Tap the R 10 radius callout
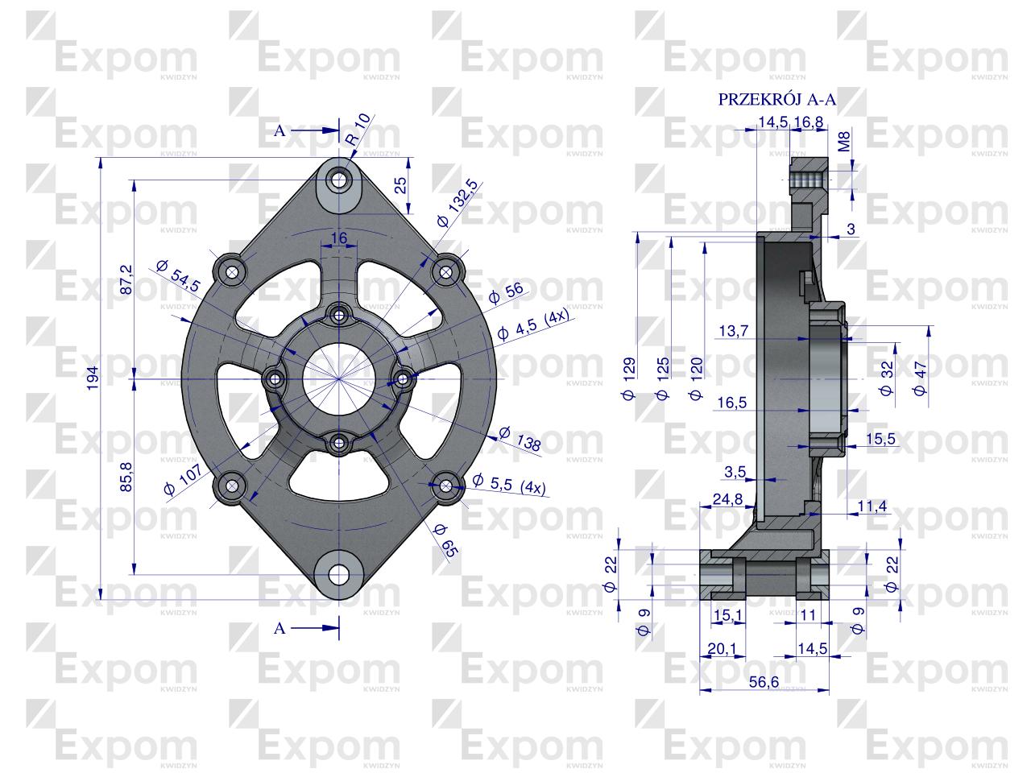coord(358,130)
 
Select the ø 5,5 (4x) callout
coord(508,483)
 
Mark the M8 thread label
coord(843,144)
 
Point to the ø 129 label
coord(629,378)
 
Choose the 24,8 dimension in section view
coord(727,500)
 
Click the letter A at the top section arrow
coord(279,132)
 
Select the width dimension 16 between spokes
coord(338,238)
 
